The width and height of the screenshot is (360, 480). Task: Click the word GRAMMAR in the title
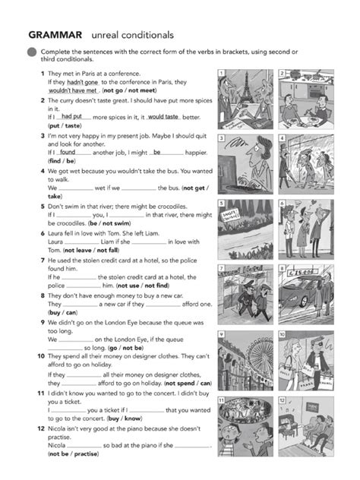tap(55, 35)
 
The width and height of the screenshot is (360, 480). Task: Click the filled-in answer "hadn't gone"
tap(83, 82)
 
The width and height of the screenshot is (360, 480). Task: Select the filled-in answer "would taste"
tap(163, 117)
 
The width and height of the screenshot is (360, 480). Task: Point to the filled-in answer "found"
tap(68, 152)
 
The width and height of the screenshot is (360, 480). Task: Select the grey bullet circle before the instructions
tap(32, 52)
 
